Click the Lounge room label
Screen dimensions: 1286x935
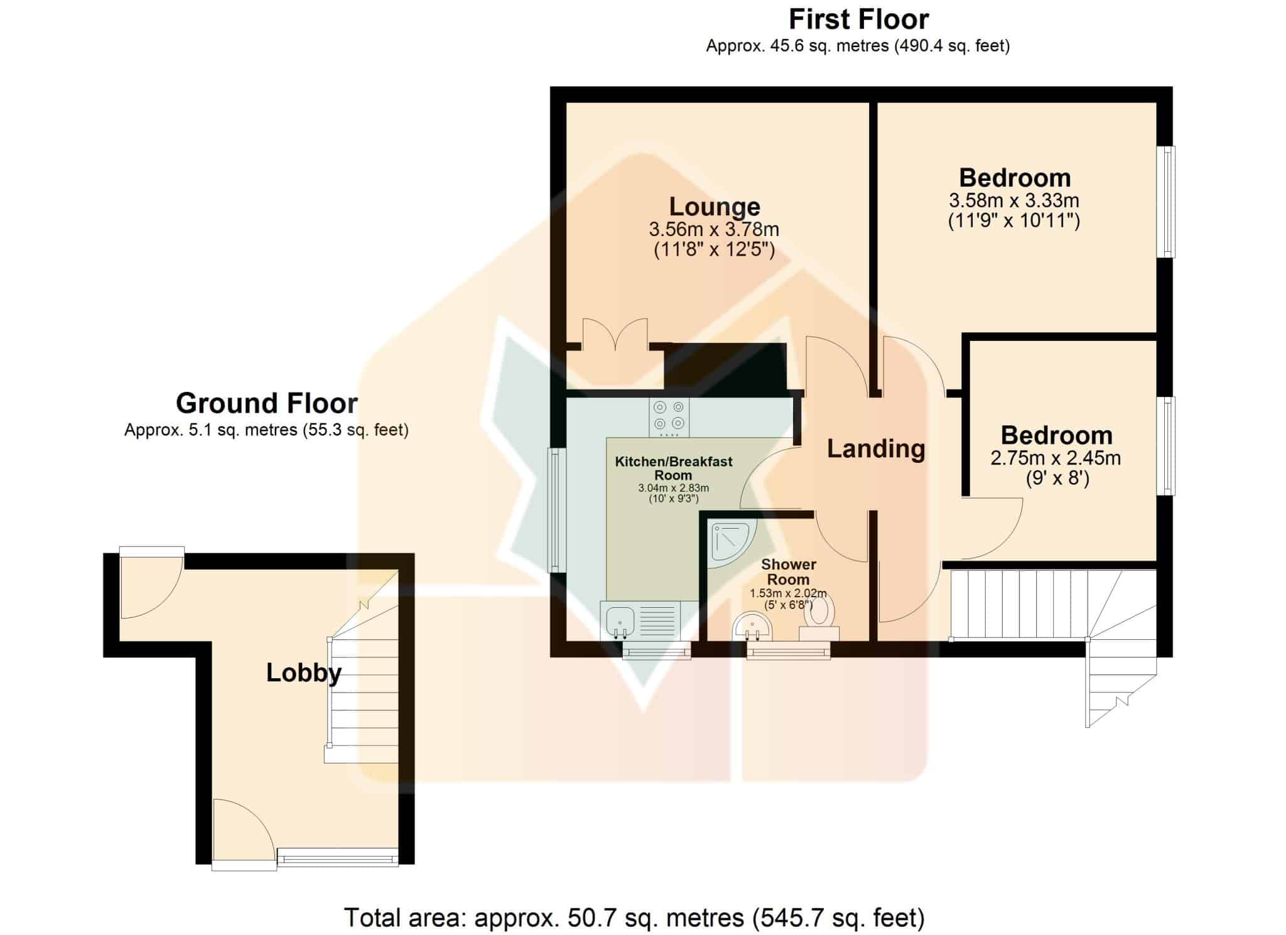point(715,207)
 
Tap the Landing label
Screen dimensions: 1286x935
point(876,448)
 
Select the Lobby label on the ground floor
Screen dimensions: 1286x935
point(304,673)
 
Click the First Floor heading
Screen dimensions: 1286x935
point(858,19)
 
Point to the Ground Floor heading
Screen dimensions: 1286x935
point(267,403)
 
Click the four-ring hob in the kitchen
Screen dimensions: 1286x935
point(669,418)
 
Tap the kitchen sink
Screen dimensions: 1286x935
point(640,620)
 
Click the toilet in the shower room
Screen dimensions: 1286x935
point(819,618)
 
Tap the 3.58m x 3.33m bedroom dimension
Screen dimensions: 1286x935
point(1014,200)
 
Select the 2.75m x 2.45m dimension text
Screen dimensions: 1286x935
point(1056,458)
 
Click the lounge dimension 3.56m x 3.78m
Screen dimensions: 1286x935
point(715,229)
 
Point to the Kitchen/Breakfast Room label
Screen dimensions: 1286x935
point(674,468)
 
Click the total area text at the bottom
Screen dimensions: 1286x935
point(634,918)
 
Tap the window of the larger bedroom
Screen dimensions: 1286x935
point(1167,202)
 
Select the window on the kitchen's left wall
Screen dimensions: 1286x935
point(556,509)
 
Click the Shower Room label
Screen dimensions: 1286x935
point(789,572)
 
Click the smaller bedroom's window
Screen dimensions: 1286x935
point(1167,446)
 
